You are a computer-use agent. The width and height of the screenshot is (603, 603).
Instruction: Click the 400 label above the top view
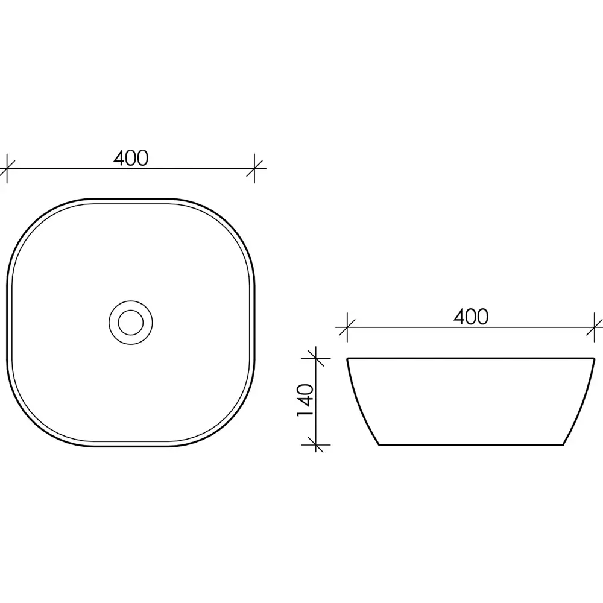[x=131, y=158]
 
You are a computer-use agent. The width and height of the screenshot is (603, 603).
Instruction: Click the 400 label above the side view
[x=471, y=317]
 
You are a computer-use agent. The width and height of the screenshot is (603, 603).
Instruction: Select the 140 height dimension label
[x=306, y=400]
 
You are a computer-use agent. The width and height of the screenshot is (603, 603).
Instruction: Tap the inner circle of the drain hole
[x=131, y=322]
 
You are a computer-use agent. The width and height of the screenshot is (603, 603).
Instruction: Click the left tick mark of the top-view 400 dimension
[x=7, y=168]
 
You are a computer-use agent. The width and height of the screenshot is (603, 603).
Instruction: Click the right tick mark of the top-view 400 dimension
[x=254, y=168]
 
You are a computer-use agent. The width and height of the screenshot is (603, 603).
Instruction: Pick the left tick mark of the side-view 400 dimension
[x=347, y=327]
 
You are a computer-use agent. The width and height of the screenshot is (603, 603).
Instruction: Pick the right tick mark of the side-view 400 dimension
[x=595, y=327]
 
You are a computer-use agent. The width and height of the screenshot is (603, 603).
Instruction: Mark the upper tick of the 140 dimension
[x=316, y=358]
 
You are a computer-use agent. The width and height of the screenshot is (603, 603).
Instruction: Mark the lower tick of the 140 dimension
[x=316, y=445]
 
